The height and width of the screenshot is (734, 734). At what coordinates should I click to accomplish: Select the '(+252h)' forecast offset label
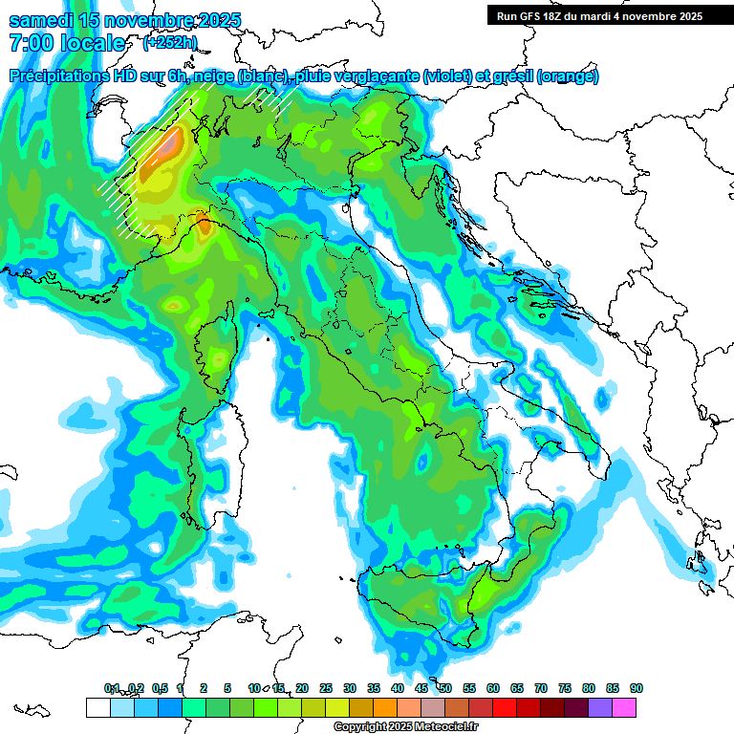pyautogui.click(x=171, y=43)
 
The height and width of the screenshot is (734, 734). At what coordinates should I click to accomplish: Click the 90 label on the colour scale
pyautogui.click(x=637, y=688)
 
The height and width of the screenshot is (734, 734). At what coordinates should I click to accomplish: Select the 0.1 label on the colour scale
pyautogui.click(x=111, y=688)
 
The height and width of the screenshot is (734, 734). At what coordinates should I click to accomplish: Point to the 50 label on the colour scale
pyautogui.click(x=445, y=688)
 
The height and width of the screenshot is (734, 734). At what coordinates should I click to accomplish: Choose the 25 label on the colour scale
pyautogui.click(x=326, y=688)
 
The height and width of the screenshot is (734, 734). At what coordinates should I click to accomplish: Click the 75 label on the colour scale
pyautogui.click(x=565, y=688)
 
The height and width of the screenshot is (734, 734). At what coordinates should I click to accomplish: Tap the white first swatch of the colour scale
pyautogui.click(x=97, y=707)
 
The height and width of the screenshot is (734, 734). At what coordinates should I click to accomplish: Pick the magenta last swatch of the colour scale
pyautogui.click(x=624, y=707)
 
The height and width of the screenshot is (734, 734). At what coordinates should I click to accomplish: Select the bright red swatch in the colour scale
pyautogui.click(x=505, y=707)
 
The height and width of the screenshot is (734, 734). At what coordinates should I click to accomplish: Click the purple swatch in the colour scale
pyautogui.click(x=600, y=707)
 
